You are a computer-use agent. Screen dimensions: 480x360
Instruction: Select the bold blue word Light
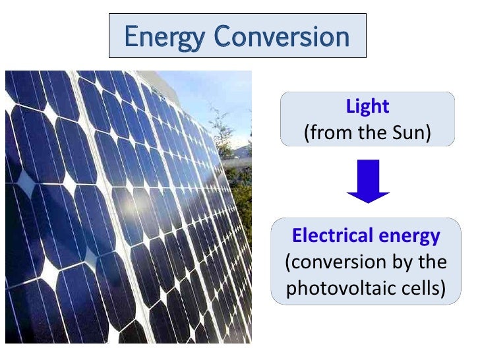[367, 106]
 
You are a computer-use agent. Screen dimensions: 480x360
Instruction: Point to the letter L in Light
[350, 106]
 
